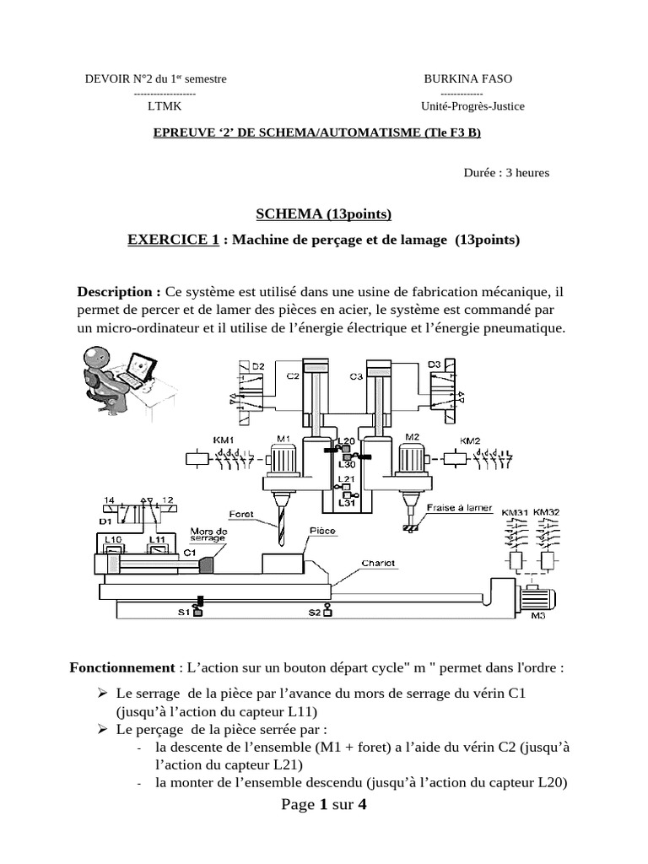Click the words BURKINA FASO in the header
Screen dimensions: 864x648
coord(467,79)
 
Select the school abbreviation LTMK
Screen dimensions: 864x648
coord(164,106)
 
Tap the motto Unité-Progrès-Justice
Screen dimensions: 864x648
coord(472,106)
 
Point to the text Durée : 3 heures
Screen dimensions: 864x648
coord(506,173)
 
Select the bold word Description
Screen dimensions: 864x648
coord(119,292)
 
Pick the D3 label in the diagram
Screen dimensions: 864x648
coord(434,364)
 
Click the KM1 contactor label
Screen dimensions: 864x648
coord(224,440)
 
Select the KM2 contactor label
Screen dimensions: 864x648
coord(470,440)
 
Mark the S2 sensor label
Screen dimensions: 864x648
coord(313,613)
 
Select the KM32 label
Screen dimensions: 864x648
coord(546,512)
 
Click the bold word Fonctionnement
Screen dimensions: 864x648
coord(121,667)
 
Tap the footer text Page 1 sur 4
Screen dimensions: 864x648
coord(324,804)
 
